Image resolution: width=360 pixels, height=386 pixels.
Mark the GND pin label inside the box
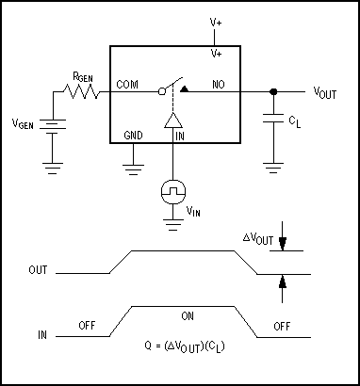(x=134, y=136)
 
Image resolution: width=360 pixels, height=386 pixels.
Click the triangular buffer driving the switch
(x=172, y=121)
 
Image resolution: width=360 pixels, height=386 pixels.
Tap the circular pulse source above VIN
(x=172, y=191)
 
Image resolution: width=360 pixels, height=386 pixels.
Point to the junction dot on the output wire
(x=273, y=91)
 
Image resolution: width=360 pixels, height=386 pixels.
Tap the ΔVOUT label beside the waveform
(x=258, y=241)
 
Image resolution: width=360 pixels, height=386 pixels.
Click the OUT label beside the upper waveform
(x=39, y=271)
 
